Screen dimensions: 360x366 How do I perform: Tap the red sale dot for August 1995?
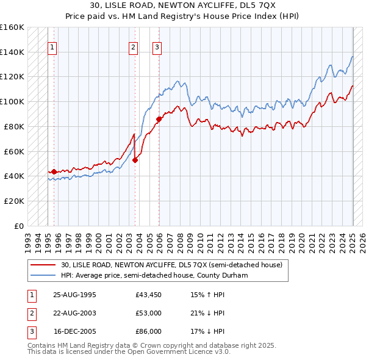point(54,172)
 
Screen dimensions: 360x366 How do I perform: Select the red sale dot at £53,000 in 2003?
point(135,160)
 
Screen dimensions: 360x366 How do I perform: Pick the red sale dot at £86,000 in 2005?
point(159,119)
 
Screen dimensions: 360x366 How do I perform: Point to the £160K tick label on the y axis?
point(12,27)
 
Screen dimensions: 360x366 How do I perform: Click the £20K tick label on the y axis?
point(14,201)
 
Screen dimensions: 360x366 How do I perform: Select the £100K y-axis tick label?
point(12,101)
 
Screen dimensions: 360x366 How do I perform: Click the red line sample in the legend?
point(43,265)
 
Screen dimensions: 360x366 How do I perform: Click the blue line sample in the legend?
point(43,275)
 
